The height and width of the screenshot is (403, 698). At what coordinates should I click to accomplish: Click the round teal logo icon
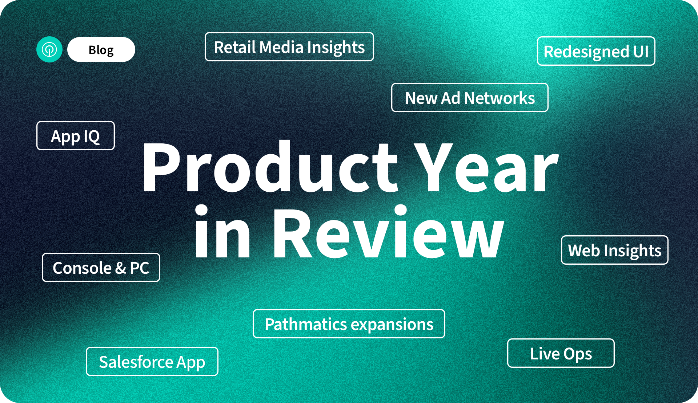(49, 49)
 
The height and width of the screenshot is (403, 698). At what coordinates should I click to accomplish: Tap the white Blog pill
(101, 49)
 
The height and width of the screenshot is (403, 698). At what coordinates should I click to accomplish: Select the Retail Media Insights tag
(289, 47)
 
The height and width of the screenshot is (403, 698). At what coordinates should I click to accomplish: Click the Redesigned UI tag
(596, 51)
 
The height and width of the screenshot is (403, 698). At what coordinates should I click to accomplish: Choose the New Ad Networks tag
(470, 98)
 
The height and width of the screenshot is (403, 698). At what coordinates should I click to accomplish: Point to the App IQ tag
(76, 136)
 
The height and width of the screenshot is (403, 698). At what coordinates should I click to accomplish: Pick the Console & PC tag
(101, 268)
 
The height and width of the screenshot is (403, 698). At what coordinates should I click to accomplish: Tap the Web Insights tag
(614, 250)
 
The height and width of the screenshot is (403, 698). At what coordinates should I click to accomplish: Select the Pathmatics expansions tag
(349, 324)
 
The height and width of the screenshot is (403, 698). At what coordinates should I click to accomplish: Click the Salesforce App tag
(152, 362)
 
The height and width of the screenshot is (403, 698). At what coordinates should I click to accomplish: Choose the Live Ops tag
(561, 353)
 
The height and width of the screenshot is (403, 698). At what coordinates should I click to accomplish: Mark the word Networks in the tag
(499, 98)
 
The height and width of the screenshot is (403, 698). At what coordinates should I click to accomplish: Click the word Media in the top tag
(281, 47)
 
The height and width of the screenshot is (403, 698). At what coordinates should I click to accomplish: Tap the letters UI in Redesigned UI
(641, 52)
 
